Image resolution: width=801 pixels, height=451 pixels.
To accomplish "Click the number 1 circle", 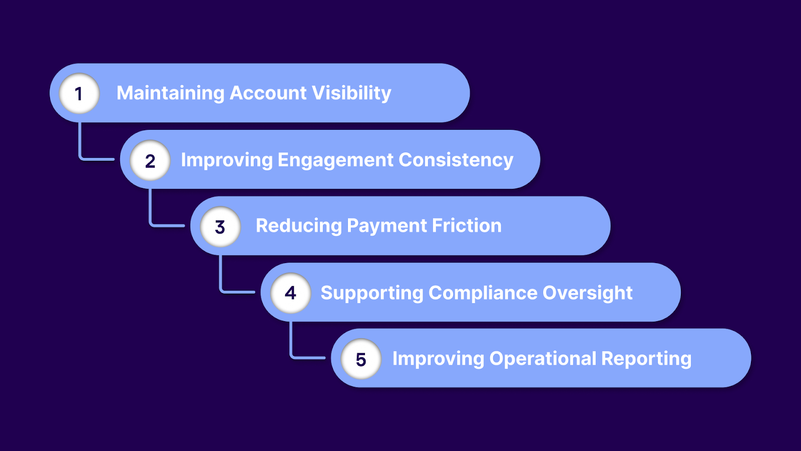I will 79,93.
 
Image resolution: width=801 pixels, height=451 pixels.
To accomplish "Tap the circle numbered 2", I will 150,160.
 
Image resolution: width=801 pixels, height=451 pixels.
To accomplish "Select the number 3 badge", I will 220,227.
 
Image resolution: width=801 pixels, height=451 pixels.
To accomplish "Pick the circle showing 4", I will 290,293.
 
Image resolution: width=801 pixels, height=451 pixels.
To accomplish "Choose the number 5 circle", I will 361,359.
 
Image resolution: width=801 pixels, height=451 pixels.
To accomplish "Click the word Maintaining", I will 170,93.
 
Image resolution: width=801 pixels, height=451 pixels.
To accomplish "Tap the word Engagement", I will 335,160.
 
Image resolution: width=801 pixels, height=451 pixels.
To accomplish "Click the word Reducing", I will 298,225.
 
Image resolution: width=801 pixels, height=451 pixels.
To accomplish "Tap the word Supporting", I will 371,293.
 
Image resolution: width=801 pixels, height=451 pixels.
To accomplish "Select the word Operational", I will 543,359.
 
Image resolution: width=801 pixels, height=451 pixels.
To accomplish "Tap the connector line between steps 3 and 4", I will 221,278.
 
